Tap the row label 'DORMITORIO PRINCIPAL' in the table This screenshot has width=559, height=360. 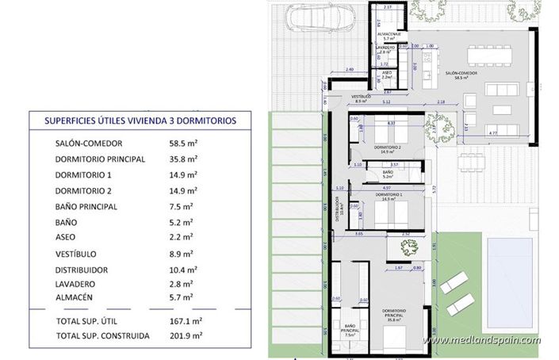101,159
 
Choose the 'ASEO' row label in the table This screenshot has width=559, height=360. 67,236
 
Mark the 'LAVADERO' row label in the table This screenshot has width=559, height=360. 76,283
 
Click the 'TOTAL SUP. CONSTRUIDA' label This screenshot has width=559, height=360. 102,335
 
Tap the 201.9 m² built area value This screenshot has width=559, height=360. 187,335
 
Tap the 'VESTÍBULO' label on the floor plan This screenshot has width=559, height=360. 361,96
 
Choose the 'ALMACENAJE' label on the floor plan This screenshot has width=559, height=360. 389,33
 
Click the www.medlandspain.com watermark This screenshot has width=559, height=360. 481,341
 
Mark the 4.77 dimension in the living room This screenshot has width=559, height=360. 494,132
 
